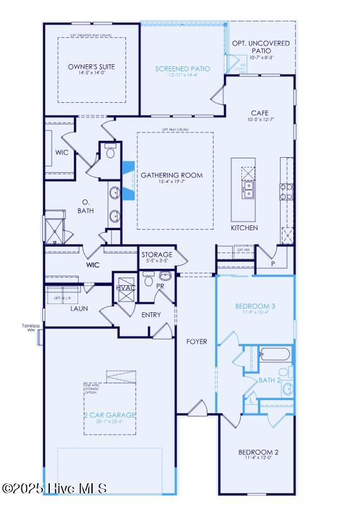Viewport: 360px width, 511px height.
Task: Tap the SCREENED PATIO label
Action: (x=182, y=68)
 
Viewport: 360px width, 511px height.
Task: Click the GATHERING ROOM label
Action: (x=171, y=175)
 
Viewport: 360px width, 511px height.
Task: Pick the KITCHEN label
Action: (x=244, y=228)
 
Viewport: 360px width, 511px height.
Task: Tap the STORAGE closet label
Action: (x=157, y=254)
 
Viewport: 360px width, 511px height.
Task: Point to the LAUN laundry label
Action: (x=79, y=308)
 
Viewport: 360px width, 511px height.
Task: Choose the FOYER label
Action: (x=196, y=341)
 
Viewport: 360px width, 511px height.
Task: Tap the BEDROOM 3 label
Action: (x=255, y=307)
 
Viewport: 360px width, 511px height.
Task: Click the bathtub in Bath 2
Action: (x=274, y=355)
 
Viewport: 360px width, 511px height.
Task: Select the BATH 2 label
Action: (x=269, y=380)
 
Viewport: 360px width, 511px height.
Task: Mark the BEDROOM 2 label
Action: (x=258, y=452)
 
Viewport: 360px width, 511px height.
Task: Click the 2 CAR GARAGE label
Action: (x=110, y=414)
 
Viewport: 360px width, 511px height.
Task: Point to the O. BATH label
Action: (x=86, y=206)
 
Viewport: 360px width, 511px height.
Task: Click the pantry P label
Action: (x=273, y=265)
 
